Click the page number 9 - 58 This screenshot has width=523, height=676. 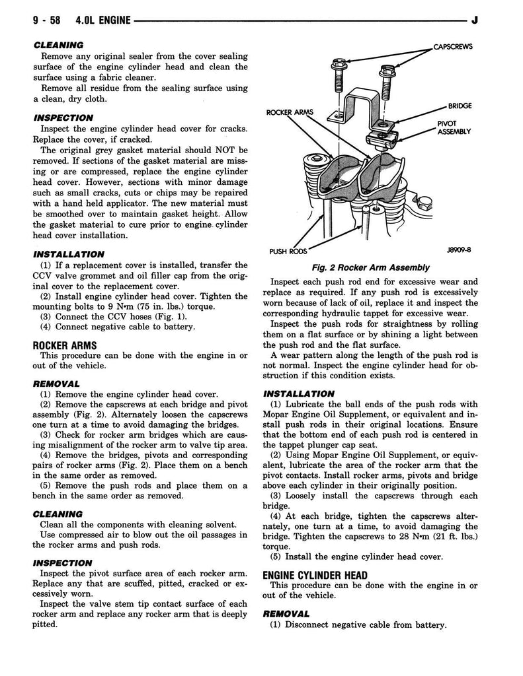pos(46,20)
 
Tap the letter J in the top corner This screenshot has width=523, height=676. pos(475,20)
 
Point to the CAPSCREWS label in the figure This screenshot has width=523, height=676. pos(453,47)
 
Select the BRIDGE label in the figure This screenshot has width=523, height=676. pos(459,106)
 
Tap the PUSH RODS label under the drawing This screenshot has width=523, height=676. pos(288,251)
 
